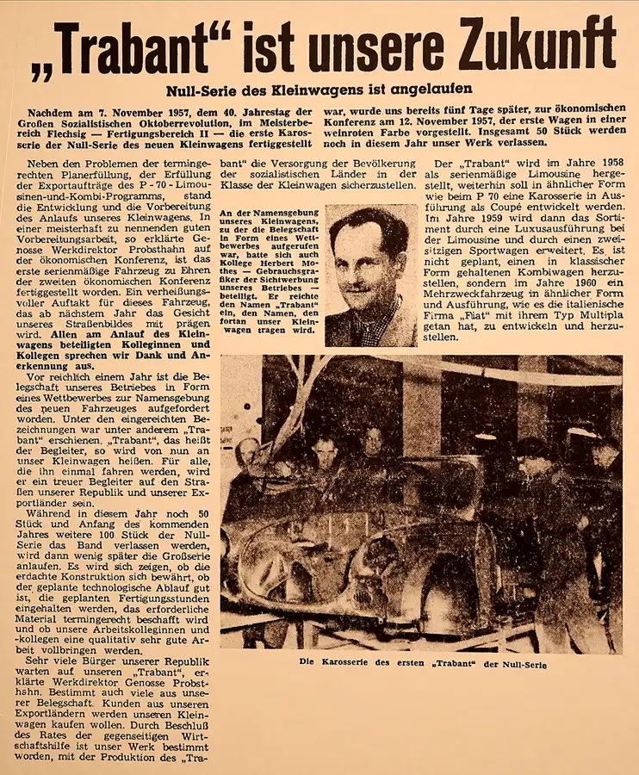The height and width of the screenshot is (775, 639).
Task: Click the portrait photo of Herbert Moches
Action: [371, 276]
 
